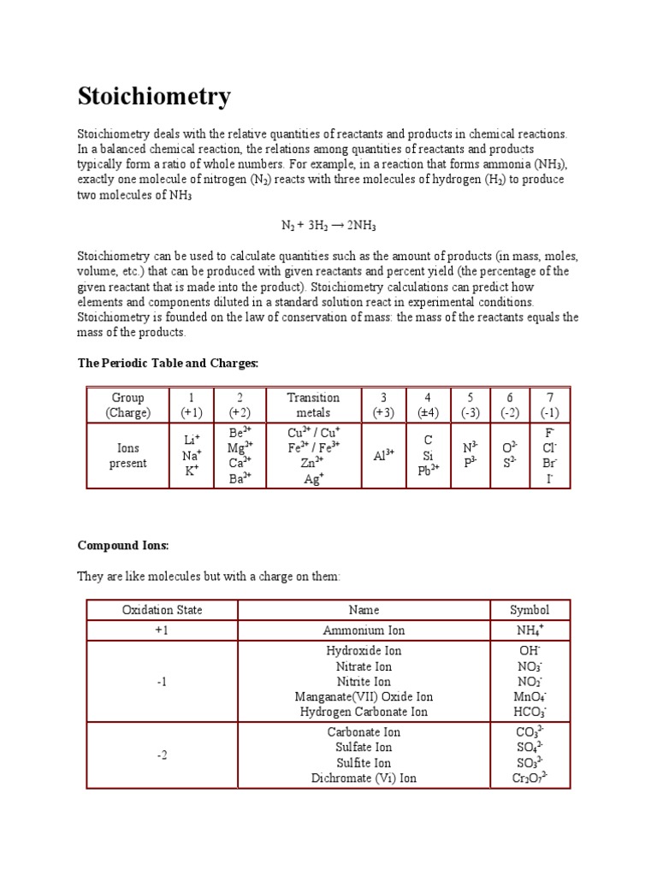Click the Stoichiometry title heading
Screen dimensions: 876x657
tap(154, 97)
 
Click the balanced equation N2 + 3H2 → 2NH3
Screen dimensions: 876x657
tap(328, 225)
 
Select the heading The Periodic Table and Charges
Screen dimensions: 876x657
tap(168, 364)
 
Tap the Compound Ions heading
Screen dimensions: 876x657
tap(123, 545)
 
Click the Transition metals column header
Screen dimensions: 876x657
tap(313, 405)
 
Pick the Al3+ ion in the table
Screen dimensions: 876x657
tap(383, 455)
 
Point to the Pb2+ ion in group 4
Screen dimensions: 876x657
tap(429, 471)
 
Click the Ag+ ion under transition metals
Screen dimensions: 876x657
tap(313, 479)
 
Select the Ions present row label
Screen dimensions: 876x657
tap(128, 455)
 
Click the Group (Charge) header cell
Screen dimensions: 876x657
tap(128, 405)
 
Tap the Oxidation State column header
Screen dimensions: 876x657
tap(163, 610)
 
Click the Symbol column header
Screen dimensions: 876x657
tap(530, 610)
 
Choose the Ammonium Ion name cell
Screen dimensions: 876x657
tap(364, 630)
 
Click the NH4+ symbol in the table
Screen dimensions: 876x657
tap(530, 630)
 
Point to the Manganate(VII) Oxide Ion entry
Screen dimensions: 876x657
tap(364, 696)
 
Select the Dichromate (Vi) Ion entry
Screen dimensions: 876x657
tap(364, 778)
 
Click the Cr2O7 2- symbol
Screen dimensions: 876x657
tap(530, 778)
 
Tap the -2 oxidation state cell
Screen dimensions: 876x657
tap(163, 755)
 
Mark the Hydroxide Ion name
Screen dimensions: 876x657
tap(364, 651)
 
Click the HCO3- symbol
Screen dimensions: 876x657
tap(530, 712)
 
